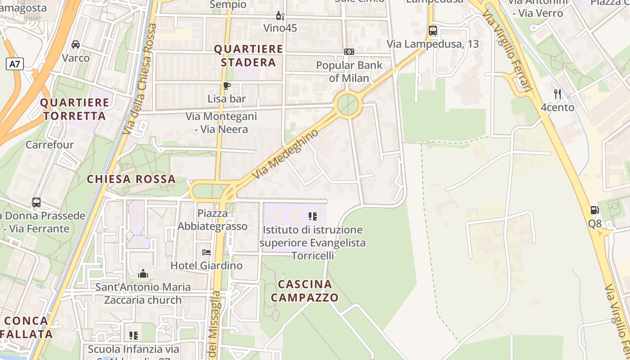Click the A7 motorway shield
coord(15,64)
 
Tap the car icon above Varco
coord(76,45)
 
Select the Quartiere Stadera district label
coord(248,55)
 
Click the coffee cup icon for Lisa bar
coord(227,85)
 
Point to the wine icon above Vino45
coord(280,16)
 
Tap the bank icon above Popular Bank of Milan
coord(349,52)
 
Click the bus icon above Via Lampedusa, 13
coord(433,31)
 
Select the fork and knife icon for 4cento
coord(558,94)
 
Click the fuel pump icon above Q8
coord(594,210)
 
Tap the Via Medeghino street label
coord(285,154)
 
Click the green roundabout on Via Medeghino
coord(348,104)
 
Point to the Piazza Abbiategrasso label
coord(212,219)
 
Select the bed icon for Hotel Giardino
coord(207,252)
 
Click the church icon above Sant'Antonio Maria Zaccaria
coord(143,274)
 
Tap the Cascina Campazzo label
coord(305,291)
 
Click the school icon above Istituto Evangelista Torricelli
coord(313,216)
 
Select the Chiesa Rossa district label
coord(131,179)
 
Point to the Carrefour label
coord(49,145)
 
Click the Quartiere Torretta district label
coord(74,109)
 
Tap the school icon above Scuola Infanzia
coord(133,335)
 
